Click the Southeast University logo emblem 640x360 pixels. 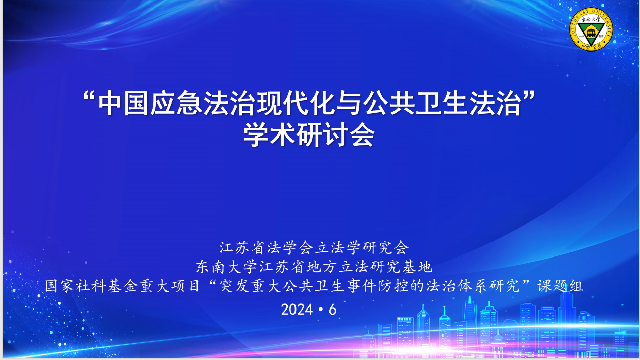(591, 29)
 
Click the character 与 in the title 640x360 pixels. (348, 103)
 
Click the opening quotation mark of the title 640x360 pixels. (89, 97)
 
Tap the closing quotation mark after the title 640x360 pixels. (529, 97)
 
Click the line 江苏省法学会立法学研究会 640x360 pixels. (314, 247)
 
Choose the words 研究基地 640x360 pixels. (401, 267)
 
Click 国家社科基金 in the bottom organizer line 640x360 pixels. (92, 286)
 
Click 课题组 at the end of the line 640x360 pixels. (560, 286)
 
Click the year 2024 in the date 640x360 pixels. (297, 310)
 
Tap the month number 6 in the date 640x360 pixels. (332, 310)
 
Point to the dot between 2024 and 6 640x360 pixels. (321, 310)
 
